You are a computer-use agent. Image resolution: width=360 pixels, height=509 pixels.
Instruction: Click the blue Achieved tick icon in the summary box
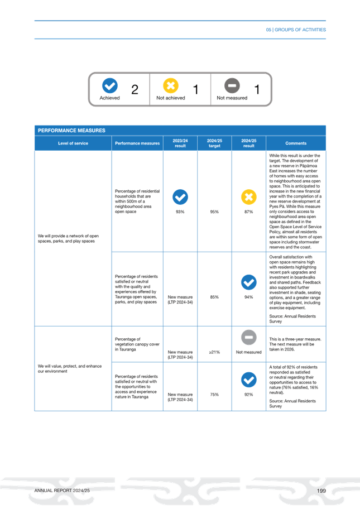click(110, 85)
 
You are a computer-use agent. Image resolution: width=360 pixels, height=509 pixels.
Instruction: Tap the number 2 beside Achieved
click(135, 89)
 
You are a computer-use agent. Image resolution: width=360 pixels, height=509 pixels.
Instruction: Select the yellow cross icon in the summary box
click(170, 85)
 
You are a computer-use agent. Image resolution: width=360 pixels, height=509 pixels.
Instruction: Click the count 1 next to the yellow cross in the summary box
click(195, 89)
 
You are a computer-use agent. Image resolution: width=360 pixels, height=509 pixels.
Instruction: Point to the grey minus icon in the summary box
click(232, 85)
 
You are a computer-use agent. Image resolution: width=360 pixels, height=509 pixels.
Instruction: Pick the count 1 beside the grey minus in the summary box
click(257, 89)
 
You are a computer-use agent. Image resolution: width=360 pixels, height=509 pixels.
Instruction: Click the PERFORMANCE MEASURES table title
click(71, 131)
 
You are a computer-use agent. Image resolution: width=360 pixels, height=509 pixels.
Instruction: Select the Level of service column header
click(73, 143)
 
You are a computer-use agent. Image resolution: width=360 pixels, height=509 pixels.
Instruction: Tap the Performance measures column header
click(137, 143)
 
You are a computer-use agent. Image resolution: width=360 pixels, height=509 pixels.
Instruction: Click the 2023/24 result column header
click(180, 143)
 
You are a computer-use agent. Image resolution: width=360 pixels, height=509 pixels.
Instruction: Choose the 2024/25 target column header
click(214, 143)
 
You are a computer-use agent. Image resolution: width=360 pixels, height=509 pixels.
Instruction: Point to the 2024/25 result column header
click(248, 143)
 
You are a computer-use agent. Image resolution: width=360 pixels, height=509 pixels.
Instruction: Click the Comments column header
click(296, 143)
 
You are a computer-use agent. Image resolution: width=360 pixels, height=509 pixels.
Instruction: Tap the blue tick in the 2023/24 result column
click(180, 197)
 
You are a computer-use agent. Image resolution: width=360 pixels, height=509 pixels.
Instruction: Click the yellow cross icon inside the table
click(248, 197)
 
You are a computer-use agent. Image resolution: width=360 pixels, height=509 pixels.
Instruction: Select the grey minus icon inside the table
click(248, 337)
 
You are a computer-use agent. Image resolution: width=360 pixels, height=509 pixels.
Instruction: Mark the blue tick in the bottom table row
click(248, 380)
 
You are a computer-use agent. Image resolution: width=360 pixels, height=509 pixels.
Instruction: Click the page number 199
click(320, 490)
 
